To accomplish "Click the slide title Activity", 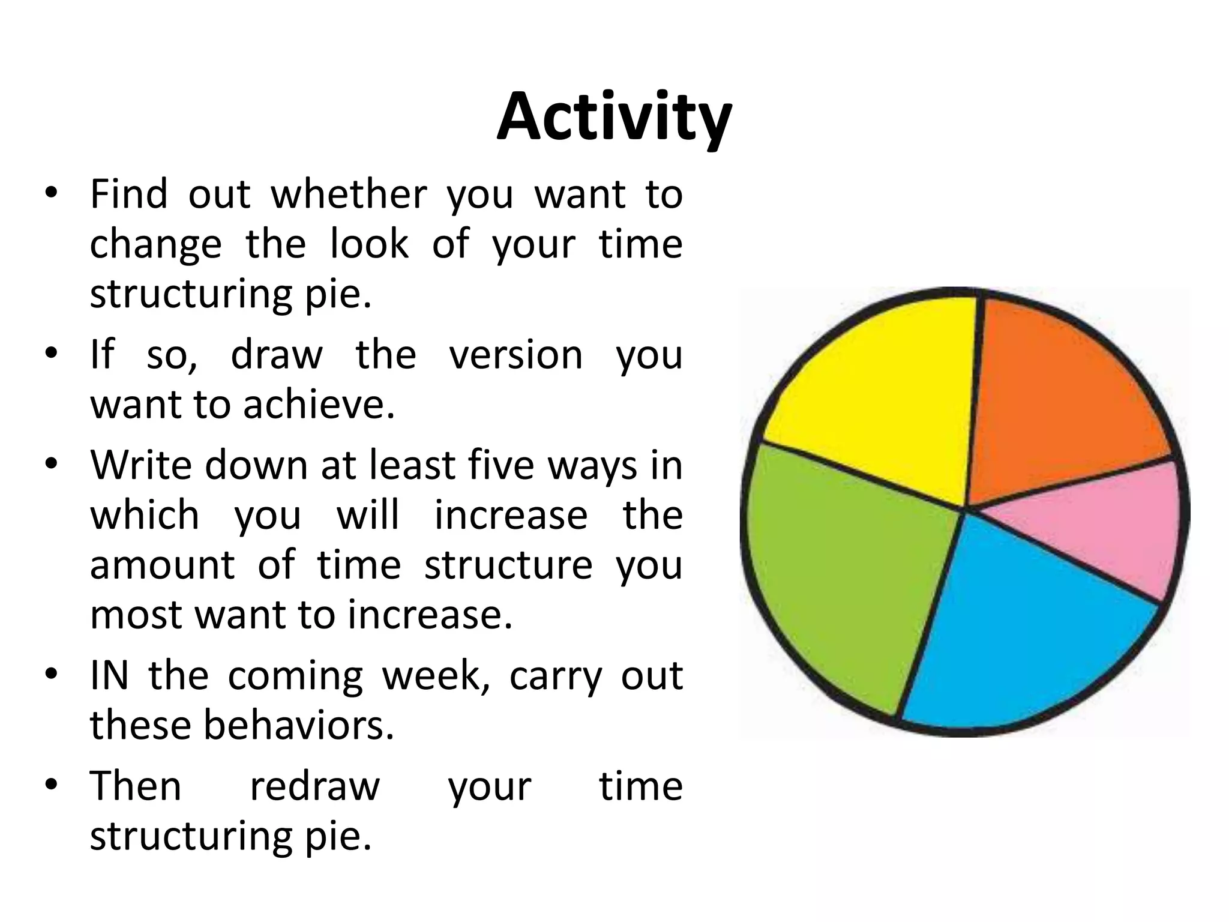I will pos(614,118).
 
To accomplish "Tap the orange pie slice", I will pos(1062,396).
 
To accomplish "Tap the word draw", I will pos(277,354).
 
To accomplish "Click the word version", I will pos(515,354).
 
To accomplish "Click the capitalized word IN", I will pos(109,675).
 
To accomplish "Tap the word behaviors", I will pos(298,725).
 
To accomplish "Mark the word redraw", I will pos(314,786).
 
